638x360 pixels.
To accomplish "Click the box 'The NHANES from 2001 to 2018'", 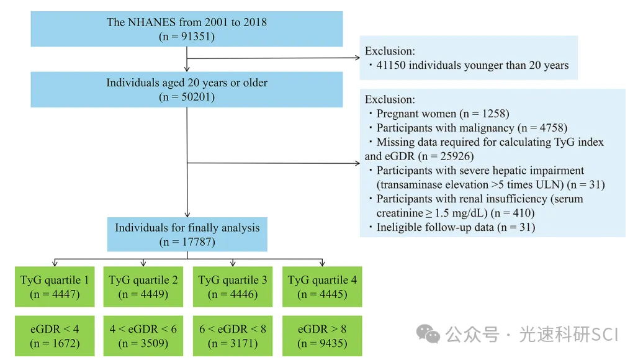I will pos(187,29).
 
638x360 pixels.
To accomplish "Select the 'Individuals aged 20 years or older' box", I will pos(187,89).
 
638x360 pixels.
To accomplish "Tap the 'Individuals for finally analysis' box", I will pos(187,234).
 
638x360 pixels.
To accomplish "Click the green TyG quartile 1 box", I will pos(55,287).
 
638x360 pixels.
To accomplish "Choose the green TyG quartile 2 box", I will pos(143,287).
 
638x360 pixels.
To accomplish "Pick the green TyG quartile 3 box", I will pos(233,287).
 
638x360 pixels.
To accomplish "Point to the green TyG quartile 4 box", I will pos(322,287).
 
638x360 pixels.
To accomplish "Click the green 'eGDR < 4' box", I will pos(55,336).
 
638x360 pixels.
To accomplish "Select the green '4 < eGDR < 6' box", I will pos(143,336).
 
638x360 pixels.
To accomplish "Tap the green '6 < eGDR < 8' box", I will pos(233,336).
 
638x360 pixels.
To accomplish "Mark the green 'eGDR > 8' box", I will pos(322,336).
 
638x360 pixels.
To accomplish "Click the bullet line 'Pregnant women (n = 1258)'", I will pos(443,114).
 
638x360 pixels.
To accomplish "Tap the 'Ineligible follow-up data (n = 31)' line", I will pos(456,227).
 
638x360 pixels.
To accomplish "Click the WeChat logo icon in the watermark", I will pos(428,335).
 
